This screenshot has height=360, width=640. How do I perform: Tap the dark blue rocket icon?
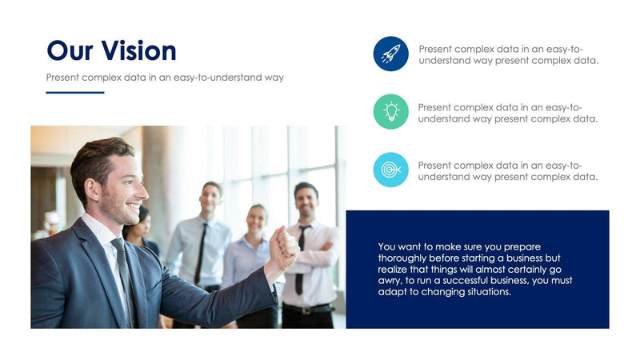(x=390, y=54)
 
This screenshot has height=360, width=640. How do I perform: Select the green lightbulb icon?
(x=390, y=111)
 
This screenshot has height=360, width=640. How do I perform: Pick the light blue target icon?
(x=390, y=170)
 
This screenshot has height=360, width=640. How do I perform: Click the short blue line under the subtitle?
(x=75, y=93)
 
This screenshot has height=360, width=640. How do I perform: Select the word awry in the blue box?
(x=390, y=281)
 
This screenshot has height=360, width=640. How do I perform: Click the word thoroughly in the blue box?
(x=405, y=258)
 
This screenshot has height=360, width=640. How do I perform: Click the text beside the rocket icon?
(x=508, y=54)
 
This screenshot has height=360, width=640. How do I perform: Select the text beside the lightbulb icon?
(x=508, y=113)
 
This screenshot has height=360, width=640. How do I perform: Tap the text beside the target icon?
(x=508, y=170)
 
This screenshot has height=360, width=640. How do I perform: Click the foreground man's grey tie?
(x=124, y=280)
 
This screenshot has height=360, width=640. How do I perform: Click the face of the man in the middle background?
(x=211, y=198)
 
